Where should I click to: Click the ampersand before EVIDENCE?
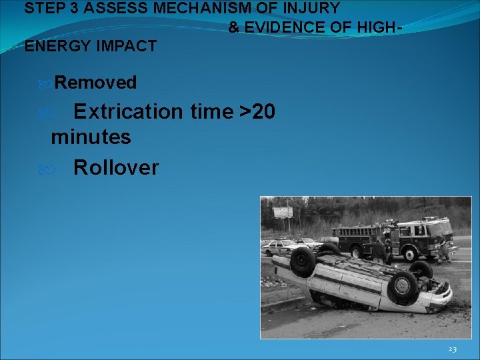point(234,28)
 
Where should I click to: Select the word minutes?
point(91,138)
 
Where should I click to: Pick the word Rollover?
point(116,167)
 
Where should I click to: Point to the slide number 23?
point(452,349)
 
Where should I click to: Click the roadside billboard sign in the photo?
point(283,213)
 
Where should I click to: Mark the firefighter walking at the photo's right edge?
point(443,249)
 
